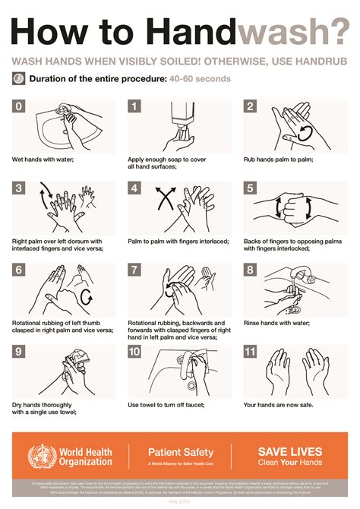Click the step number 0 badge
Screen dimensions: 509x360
click(19, 106)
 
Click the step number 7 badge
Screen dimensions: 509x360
click(134, 270)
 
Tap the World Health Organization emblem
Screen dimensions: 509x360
click(40, 457)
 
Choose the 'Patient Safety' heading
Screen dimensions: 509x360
click(181, 452)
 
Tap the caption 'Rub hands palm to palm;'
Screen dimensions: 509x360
click(278, 160)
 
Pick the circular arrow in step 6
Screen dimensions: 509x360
click(85, 295)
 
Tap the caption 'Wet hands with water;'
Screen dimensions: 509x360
click(42, 160)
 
